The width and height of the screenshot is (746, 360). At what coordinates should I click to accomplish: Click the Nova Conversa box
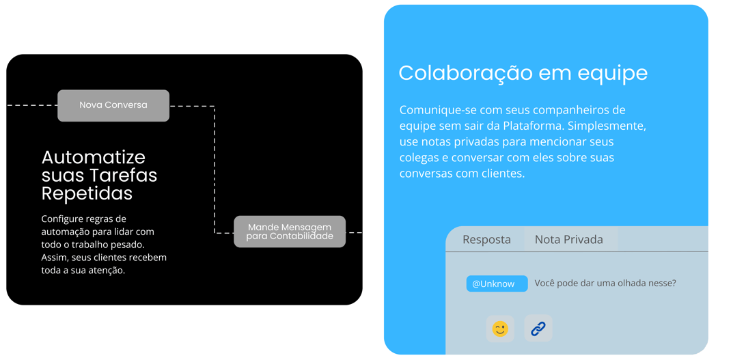113,105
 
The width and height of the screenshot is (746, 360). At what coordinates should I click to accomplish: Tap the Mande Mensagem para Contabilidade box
290,232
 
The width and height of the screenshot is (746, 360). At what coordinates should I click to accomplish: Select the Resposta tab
486,239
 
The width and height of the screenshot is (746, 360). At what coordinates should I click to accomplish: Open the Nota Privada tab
568,239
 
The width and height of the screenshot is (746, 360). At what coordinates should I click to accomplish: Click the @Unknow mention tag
497,283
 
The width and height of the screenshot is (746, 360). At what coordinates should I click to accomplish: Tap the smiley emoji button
500,329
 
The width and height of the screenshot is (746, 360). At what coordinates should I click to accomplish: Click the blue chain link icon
538,329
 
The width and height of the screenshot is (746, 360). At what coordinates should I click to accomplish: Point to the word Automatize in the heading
93,158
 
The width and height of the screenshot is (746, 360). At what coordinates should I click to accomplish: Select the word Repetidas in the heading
87,193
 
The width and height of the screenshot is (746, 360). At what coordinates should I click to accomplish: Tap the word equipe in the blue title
613,73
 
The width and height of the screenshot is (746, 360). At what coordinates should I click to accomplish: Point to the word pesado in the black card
128,244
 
